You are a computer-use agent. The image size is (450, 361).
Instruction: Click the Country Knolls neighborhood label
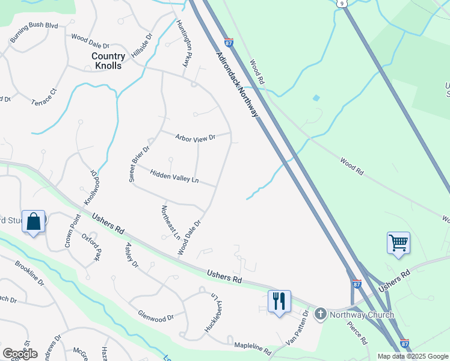click(x=106, y=60)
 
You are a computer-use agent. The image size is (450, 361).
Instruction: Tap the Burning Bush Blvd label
click(x=34, y=33)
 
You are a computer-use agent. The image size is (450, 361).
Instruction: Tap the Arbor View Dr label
click(x=195, y=138)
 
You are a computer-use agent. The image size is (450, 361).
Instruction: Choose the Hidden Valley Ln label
click(x=174, y=176)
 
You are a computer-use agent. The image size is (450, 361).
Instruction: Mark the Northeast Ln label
click(x=171, y=222)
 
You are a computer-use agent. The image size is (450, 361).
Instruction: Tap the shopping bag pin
click(x=34, y=221)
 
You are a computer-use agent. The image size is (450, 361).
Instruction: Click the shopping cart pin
click(x=398, y=243)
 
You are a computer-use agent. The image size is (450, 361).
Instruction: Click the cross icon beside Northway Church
click(x=320, y=313)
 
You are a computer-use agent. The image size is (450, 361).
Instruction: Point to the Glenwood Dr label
click(x=156, y=317)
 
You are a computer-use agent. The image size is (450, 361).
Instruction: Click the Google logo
click(x=20, y=354)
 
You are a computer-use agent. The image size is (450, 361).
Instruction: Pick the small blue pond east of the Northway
click(x=316, y=97)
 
